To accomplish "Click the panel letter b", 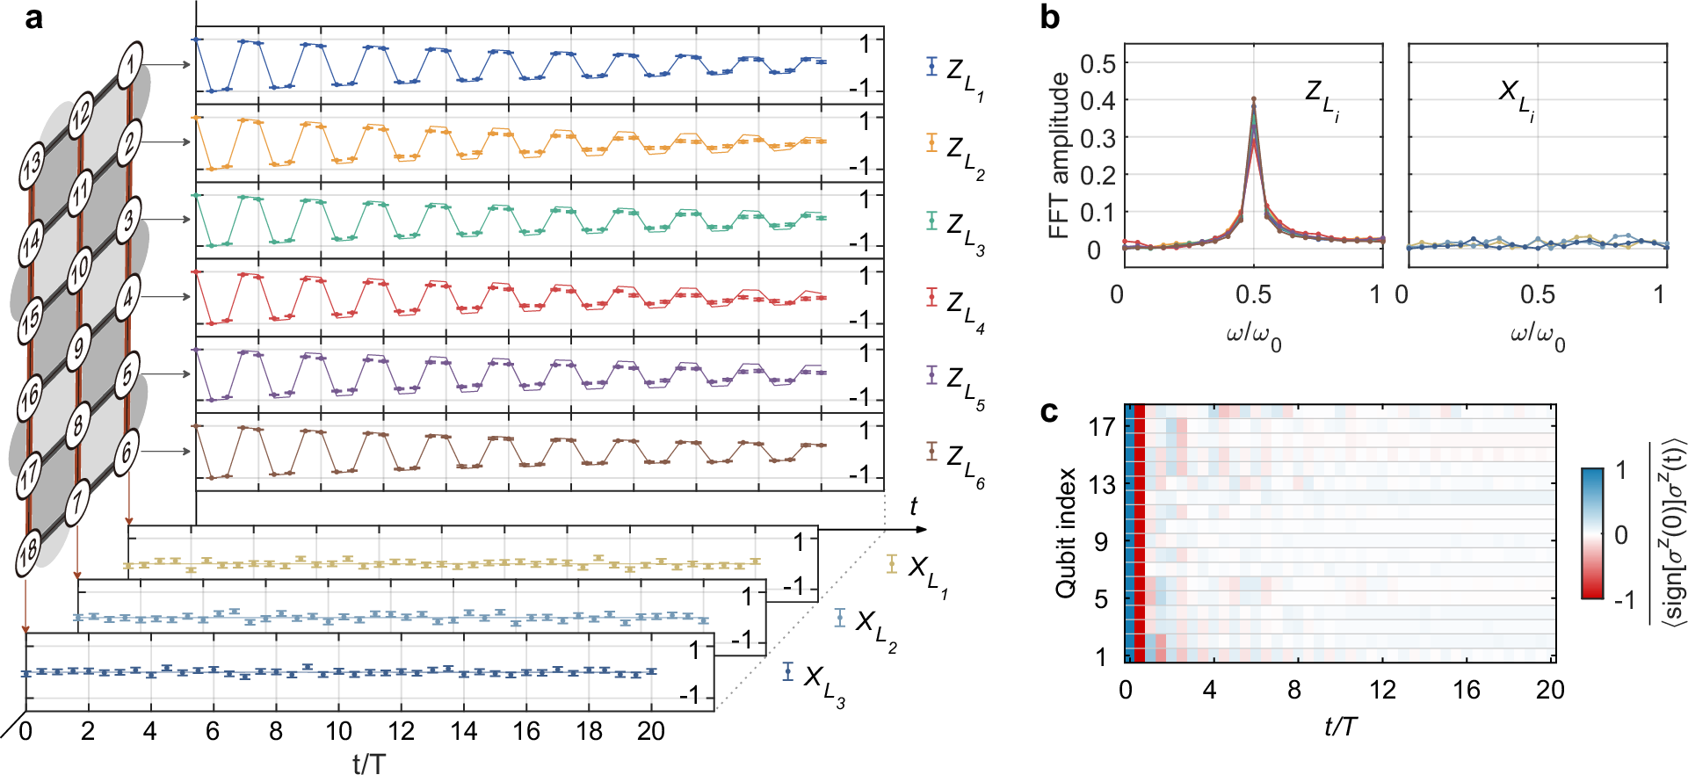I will pos(1049,17).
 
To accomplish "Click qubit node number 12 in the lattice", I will pos(81,114).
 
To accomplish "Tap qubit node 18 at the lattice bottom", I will pos(29,551).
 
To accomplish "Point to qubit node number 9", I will pos(79,347).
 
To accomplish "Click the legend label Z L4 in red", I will pos(964,308).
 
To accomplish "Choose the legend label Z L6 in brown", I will pos(964,463).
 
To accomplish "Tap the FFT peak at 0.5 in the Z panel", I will pos(1254,99).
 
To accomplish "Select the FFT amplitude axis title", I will pos(1060,156).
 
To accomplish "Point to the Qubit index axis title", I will pos(1066,533).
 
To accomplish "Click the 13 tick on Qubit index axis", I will pos(1102,484).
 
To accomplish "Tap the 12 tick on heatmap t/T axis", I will pos(1382,690).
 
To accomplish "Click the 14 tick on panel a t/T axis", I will pos(463,731).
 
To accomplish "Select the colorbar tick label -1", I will pos(1624,600).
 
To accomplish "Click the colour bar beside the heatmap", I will pos(1592,533).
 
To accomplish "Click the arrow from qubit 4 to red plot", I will pos(165,297).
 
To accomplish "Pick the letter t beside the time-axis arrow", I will pos(913,506).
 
